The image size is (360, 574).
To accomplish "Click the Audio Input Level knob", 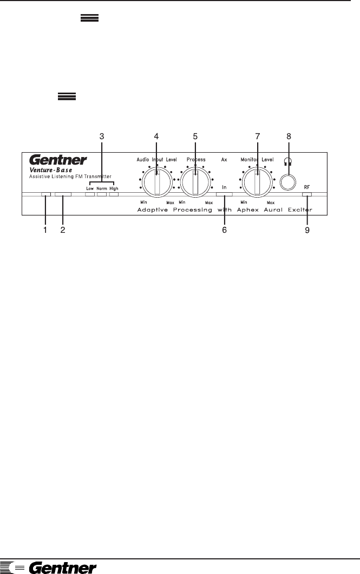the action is (x=156, y=181).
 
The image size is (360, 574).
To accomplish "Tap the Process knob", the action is (x=195, y=181).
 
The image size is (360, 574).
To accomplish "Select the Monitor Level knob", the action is (x=257, y=181).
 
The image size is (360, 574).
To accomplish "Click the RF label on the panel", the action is (x=307, y=187).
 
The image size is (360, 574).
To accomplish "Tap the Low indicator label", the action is (x=90, y=188).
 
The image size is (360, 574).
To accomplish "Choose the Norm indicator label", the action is (x=101, y=188).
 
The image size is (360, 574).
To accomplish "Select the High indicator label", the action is (x=114, y=188).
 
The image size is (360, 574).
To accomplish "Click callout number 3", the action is (x=101, y=136).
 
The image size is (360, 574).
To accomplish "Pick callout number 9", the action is (x=307, y=230).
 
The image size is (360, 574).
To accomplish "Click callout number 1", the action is (x=45, y=230).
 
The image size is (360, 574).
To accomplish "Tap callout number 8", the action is (x=289, y=136).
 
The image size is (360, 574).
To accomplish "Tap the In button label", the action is (x=224, y=187).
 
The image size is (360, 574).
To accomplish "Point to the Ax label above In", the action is (x=224, y=160).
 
